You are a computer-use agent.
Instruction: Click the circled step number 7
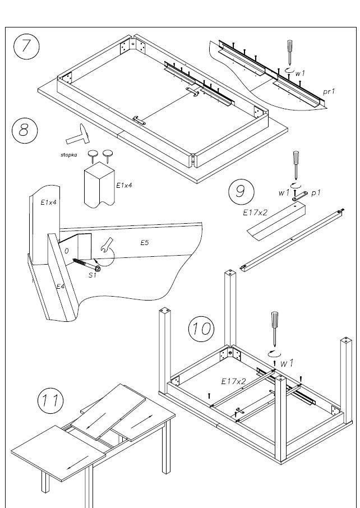click(x=26, y=47)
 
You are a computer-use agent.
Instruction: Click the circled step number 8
click(x=24, y=130)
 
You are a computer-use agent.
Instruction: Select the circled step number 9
click(x=240, y=191)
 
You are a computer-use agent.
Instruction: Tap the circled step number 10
click(x=200, y=327)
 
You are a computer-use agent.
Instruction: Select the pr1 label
click(x=329, y=90)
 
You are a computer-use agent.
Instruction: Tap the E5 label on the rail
click(x=145, y=242)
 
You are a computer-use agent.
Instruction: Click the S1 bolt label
click(x=93, y=275)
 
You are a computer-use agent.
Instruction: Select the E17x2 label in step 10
click(x=233, y=381)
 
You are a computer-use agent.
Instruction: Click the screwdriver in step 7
click(x=290, y=52)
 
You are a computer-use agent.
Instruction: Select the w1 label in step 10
click(x=287, y=364)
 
